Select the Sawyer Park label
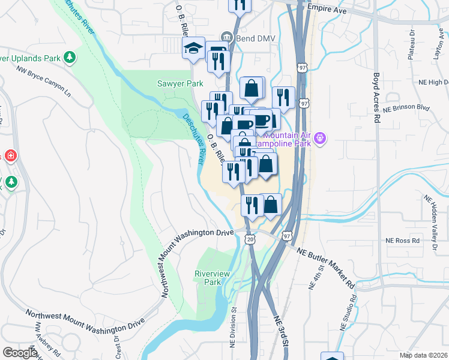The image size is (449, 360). tap(180, 84)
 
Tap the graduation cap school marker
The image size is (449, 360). tap(194, 48)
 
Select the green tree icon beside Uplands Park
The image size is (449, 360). tap(71, 57)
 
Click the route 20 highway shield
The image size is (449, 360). tap(250, 239)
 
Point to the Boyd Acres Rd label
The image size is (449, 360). tap(377, 98)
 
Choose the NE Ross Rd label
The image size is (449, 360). tap(403, 241)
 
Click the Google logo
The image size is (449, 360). tap(20, 353)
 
